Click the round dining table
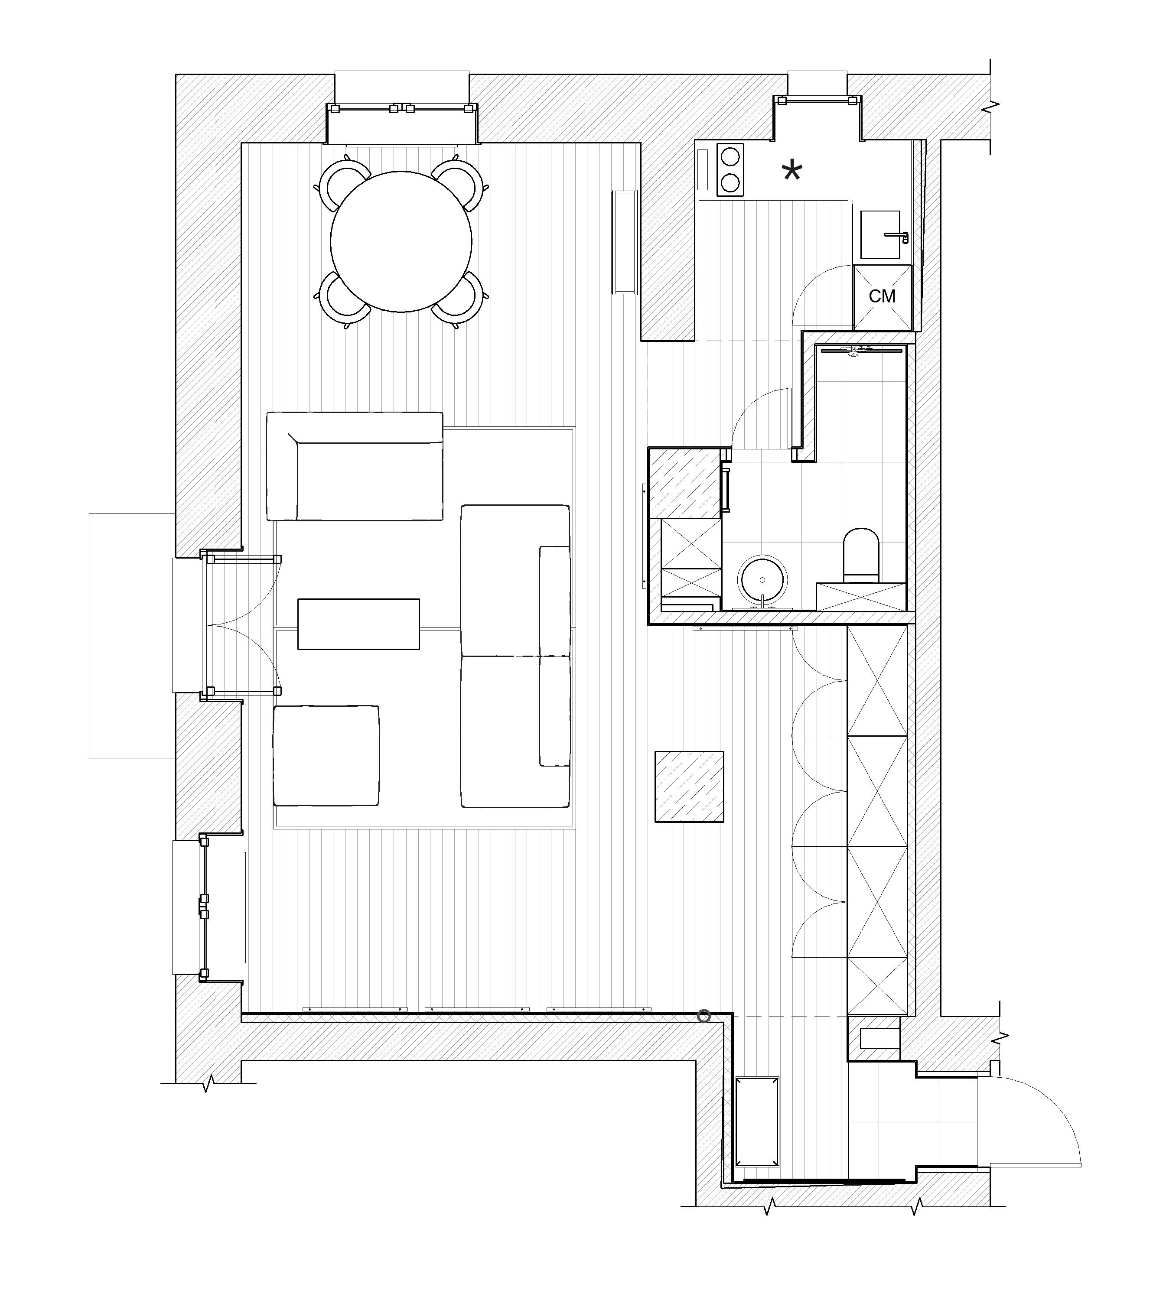(x=401, y=242)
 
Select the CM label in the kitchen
(x=882, y=296)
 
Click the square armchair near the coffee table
(x=326, y=756)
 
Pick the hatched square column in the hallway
(x=690, y=787)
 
